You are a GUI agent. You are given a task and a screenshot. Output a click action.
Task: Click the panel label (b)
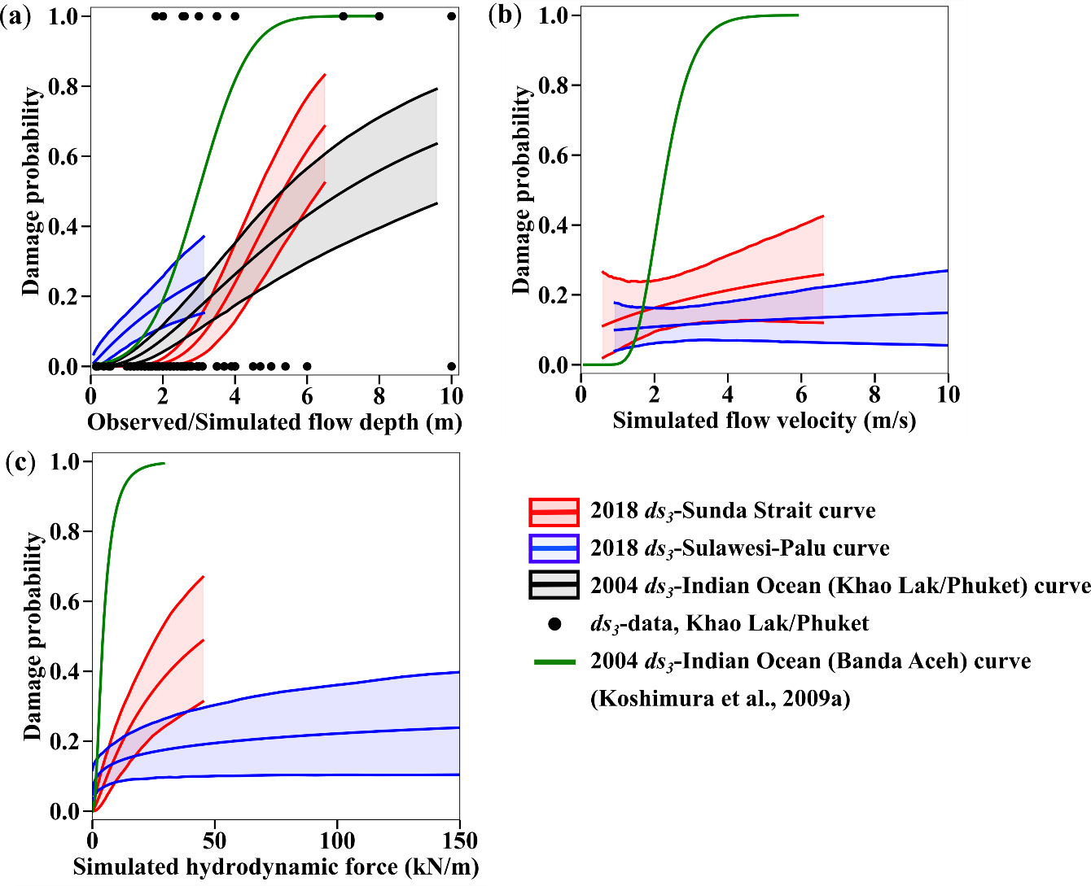pos(505,17)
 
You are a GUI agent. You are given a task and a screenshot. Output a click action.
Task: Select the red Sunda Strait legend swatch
pos(554,512)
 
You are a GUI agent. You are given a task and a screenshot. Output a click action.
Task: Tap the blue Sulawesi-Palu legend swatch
pos(554,548)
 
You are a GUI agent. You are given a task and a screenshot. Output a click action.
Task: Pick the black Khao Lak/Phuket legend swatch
pos(554,586)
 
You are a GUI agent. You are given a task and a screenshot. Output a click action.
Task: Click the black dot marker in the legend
pos(555,624)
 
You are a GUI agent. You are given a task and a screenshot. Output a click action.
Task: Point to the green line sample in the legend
pos(554,661)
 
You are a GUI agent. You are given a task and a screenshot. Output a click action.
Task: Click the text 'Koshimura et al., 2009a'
pos(720,698)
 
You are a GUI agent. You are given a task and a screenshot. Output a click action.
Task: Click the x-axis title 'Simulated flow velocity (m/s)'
pos(764,421)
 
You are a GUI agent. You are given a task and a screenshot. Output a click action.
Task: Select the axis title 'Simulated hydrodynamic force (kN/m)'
pos(276,866)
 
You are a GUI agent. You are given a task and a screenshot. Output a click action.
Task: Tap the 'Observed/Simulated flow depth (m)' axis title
pos(274,422)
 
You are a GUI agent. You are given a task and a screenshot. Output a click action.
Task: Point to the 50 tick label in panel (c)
pos(215,840)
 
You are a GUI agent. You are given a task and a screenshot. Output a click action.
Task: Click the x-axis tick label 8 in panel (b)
pos(874,395)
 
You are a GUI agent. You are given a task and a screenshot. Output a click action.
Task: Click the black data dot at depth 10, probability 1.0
pos(452,16)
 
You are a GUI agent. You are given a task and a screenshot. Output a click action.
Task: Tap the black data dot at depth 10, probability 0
pos(452,366)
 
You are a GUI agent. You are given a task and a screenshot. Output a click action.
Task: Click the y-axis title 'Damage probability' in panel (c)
pos(33,636)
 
